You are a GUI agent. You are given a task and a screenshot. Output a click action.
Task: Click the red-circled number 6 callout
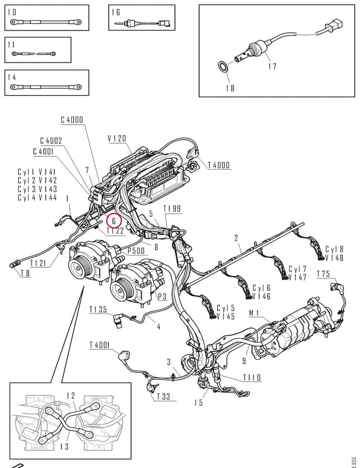(114, 221)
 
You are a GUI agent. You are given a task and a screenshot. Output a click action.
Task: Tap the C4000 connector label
(72, 120)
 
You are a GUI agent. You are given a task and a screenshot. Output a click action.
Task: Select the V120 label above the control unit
(117, 139)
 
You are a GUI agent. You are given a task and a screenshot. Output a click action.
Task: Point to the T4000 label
(219, 165)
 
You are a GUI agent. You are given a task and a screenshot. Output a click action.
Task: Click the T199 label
(172, 209)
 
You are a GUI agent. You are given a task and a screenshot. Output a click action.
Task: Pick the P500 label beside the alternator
(136, 251)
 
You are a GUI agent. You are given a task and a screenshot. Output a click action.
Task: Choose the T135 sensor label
(98, 309)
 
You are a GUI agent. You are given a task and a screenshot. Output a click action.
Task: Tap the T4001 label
(100, 345)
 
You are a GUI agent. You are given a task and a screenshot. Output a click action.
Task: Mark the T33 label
(163, 397)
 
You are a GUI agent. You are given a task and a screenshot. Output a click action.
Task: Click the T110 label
(252, 377)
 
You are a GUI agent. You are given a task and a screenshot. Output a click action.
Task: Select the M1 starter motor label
(254, 313)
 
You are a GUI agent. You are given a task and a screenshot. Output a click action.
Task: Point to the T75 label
(323, 274)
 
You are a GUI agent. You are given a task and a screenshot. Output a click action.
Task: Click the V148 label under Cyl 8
(334, 258)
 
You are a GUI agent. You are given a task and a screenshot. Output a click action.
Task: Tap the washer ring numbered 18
(222, 67)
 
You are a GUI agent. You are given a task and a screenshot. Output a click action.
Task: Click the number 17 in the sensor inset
(272, 66)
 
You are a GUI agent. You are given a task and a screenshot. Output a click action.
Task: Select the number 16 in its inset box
(116, 12)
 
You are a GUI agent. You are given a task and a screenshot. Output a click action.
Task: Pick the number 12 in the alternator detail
(71, 396)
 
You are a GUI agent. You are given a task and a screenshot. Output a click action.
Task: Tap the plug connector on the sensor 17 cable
(334, 24)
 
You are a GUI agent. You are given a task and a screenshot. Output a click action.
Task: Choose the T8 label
(25, 273)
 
